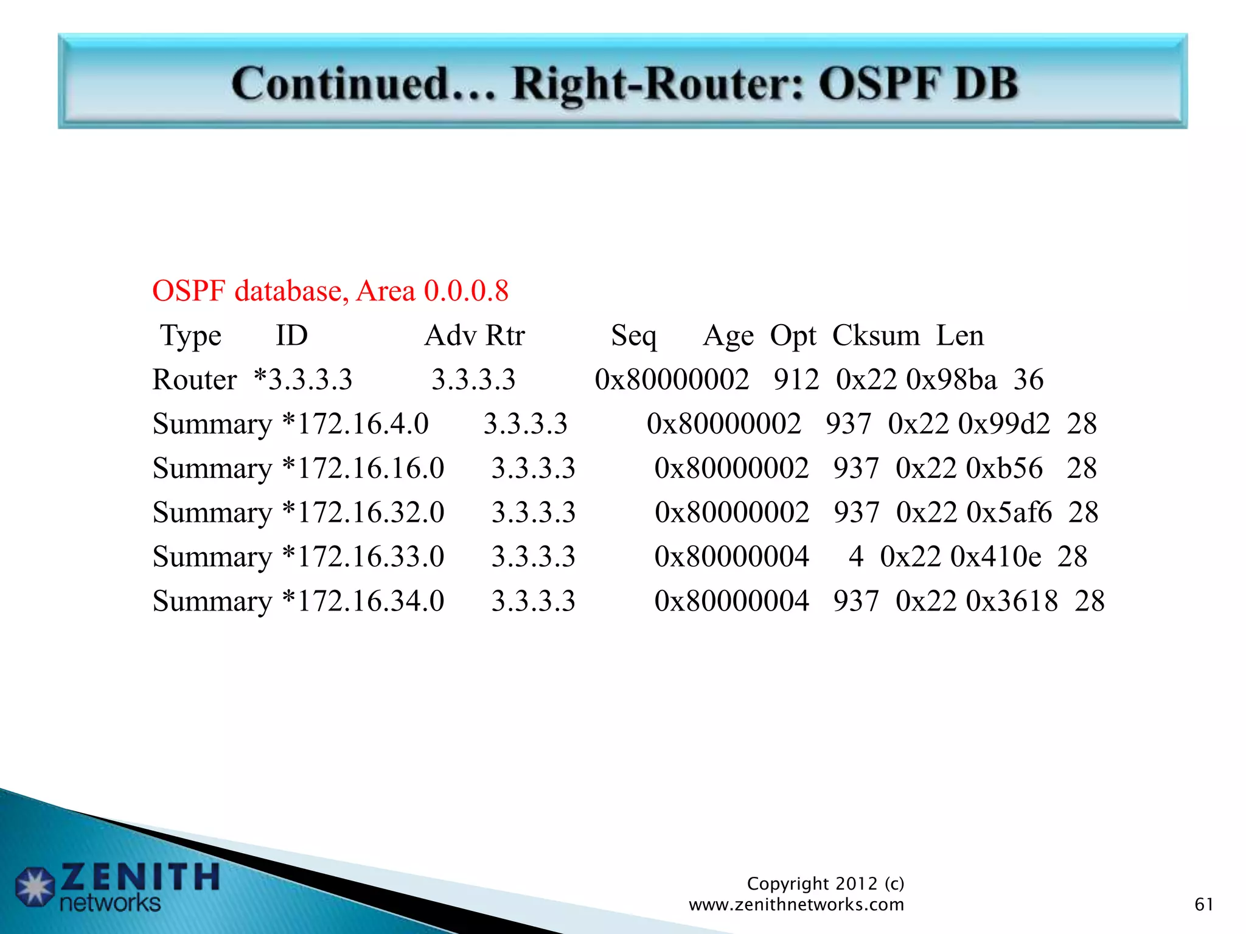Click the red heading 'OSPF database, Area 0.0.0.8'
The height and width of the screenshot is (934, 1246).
pos(330,291)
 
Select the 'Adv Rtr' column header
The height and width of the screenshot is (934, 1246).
pos(474,336)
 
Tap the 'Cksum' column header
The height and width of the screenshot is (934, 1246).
pos(875,336)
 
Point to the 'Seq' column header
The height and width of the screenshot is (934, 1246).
pos(633,336)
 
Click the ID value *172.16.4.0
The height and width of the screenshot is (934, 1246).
pos(356,424)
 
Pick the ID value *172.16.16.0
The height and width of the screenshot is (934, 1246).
pos(364,468)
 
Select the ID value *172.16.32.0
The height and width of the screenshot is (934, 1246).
pos(364,513)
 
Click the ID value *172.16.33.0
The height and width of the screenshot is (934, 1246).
pos(364,557)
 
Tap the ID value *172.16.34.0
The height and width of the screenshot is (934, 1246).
pos(364,601)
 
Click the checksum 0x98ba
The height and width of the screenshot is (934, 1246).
pos(951,380)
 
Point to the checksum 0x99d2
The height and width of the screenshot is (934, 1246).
pos(1004,424)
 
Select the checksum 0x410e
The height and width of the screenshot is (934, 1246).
pos(995,557)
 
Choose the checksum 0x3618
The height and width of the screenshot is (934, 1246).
pos(1012,601)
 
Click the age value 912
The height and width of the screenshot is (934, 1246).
pos(796,380)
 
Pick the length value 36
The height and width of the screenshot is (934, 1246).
pos(1028,380)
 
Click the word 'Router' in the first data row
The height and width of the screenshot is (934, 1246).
pos(194,380)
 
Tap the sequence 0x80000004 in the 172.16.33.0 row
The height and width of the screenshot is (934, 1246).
pos(731,557)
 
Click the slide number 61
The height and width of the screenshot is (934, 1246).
pos(1203,904)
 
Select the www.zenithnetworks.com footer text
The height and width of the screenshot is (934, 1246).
pos(796,905)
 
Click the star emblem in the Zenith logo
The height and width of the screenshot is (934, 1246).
pos(35,886)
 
